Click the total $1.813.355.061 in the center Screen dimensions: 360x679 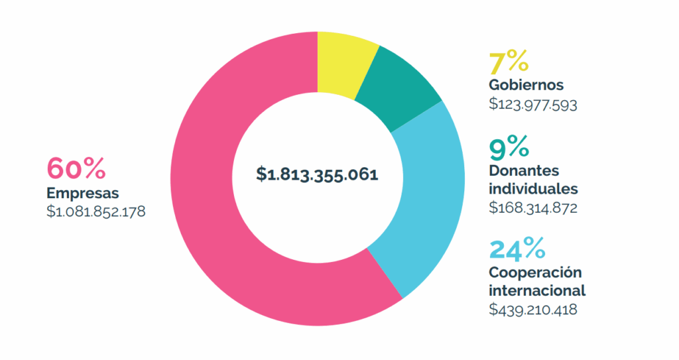coord(317,175)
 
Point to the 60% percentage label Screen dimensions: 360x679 coord(76,169)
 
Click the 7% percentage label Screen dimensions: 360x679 coord(509,62)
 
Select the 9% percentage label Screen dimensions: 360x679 coord(509,145)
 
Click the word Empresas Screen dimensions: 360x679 coord(82,194)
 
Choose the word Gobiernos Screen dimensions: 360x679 coord(526,86)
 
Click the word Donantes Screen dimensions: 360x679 coord(524,170)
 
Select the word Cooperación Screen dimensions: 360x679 coord(535,272)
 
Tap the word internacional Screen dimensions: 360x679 coord(537,290)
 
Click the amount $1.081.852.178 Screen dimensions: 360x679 coord(95,212)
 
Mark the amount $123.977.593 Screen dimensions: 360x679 coord(532,104)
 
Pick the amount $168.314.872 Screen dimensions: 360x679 coord(532,208)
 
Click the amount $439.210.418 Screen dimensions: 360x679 coord(532,309)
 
